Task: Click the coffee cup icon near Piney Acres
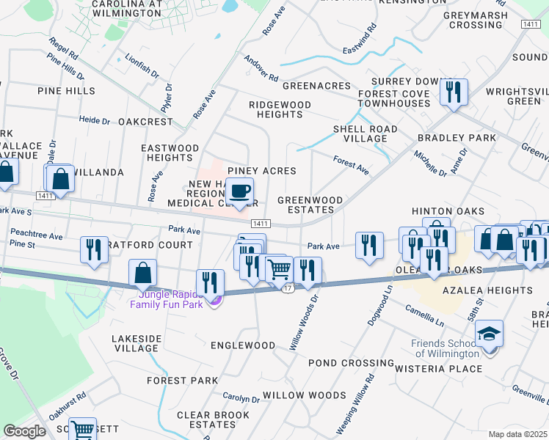tap(239, 192)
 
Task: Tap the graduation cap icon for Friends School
tap(488, 334)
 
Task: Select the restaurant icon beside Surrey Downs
tap(454, 92)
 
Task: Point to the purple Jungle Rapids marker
tap(214, 301)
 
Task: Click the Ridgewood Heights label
tap(280, 109)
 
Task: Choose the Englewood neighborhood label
tap(243, 345)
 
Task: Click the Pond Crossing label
tap(350, 362)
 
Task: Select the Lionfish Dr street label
tap(142, 65)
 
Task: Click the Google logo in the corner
tap(24, 431)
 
